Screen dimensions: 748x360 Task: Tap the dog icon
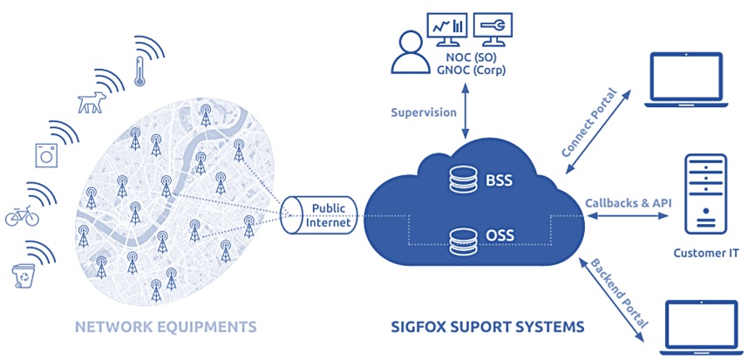click(92, 103)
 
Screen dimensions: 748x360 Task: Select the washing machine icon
click(47, 155)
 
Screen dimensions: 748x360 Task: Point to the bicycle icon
click(22, 216)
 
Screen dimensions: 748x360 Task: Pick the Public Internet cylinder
click(319, 215)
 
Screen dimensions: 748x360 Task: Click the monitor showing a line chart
click(448, 30)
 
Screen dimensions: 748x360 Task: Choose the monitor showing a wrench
click(493, 30)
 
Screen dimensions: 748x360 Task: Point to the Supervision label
click(424, 113)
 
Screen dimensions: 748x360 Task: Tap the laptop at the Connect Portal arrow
click(686, 79)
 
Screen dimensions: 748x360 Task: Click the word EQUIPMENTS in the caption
click(208, 327)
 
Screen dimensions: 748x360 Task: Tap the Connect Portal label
click(590, 122)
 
